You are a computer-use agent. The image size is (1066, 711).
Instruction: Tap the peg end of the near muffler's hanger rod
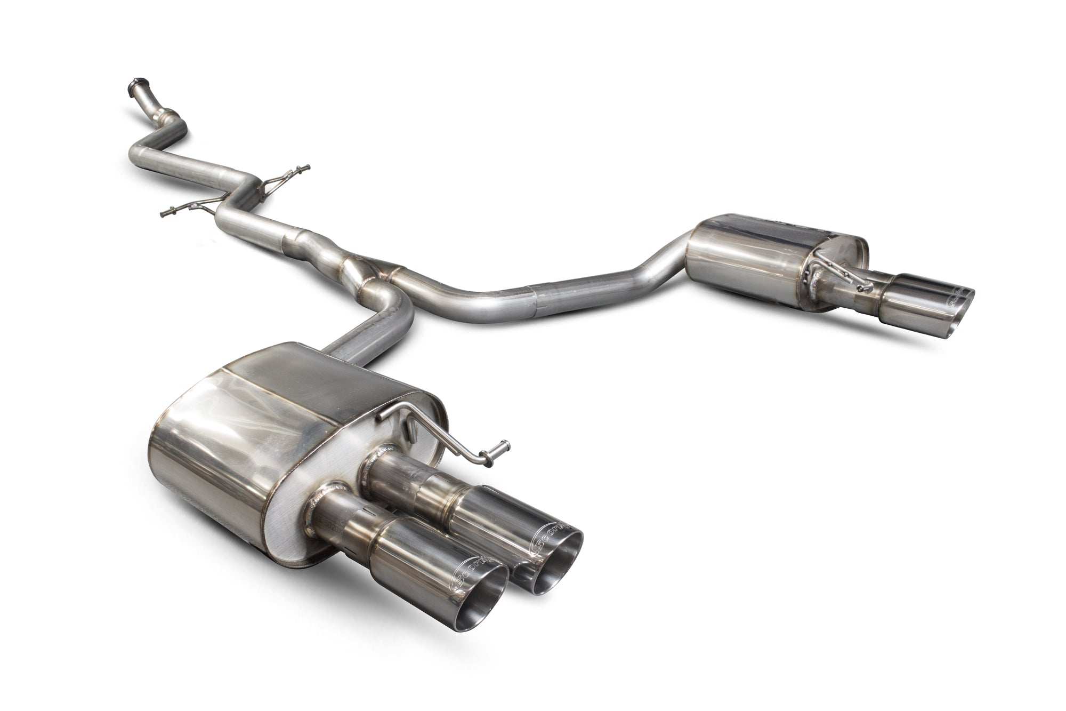click(504, 445)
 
